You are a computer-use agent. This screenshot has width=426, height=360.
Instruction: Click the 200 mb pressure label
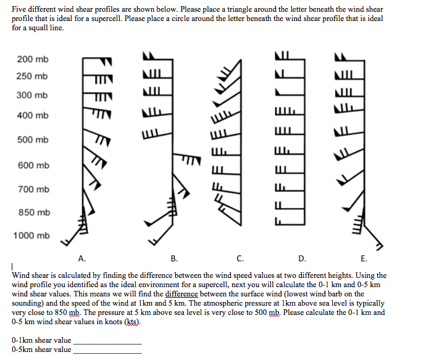tap(33, 59)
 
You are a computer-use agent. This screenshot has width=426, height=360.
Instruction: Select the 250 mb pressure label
tap(33, 76)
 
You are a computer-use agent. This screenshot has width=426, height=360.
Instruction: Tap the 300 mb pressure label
tap(33, 95)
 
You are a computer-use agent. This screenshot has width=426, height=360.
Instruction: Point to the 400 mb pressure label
tap(33, 115)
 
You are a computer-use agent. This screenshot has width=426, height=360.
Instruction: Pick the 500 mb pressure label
tap(33, 140)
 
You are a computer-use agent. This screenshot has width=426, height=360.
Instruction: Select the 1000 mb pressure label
tap(31, 235)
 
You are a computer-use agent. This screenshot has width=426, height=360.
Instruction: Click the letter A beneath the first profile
tap(81, 258)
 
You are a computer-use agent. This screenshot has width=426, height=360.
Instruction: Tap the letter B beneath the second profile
tap(174, 258)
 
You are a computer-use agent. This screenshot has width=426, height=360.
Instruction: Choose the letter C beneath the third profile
tap(240, 258)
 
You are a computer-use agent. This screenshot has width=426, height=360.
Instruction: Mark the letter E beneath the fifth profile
tap(363, 258)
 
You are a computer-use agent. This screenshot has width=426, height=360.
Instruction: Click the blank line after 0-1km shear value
tap(107, 342)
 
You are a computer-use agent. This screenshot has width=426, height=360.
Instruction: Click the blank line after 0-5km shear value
tap(107, 352)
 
